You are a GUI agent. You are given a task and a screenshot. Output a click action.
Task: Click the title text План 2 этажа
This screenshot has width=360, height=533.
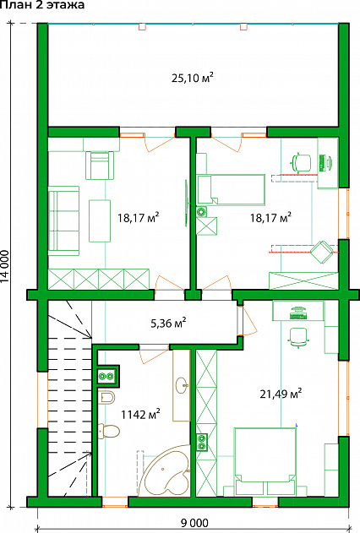pos(42,5)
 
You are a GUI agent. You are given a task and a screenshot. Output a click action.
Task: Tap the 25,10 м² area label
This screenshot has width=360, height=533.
pos(193,78)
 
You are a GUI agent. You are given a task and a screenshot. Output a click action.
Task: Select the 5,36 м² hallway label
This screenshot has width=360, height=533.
pos(168,323)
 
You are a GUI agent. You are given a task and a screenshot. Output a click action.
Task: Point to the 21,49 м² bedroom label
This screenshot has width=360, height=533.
pos(281,394)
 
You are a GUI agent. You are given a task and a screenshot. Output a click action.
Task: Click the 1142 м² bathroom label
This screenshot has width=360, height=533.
pos(141,414)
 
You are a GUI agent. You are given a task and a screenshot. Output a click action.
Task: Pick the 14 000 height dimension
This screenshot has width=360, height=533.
pos(5,267)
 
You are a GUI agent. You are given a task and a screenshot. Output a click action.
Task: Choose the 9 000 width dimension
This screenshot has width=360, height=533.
pos(194,523)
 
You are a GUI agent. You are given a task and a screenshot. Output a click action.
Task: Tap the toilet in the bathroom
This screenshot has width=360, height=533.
pos(109,431)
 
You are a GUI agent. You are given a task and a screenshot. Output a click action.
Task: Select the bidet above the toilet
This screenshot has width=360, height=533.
pos(108,397)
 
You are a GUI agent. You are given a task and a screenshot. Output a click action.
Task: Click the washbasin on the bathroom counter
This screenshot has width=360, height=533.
pos(183,385)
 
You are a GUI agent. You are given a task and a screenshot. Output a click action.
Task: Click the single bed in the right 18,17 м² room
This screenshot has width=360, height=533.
pos(231,190)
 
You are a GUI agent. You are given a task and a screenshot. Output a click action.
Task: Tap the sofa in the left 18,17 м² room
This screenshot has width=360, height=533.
pos(63,220)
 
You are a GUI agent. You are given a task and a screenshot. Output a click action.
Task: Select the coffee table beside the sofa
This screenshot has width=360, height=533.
pos(100,220)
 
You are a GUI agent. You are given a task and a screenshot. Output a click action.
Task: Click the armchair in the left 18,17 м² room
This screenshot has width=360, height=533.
pos(99,166)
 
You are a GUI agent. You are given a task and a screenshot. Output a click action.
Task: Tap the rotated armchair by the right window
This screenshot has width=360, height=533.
pos(322,252)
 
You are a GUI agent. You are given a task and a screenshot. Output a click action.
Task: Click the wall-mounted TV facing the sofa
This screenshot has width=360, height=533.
pos(187,203)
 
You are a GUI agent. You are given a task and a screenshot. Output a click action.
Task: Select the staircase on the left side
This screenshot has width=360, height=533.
pos(69,398)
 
